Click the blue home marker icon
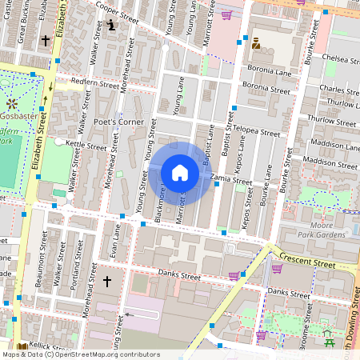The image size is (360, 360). point(180,173)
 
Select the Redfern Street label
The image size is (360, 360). point(94,83)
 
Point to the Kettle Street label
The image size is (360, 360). point(86,146)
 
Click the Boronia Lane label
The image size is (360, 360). point(270,71)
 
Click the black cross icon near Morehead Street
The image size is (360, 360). point(106,281)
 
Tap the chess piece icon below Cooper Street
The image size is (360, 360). point(110,26)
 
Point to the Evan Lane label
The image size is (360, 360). point(115,239)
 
